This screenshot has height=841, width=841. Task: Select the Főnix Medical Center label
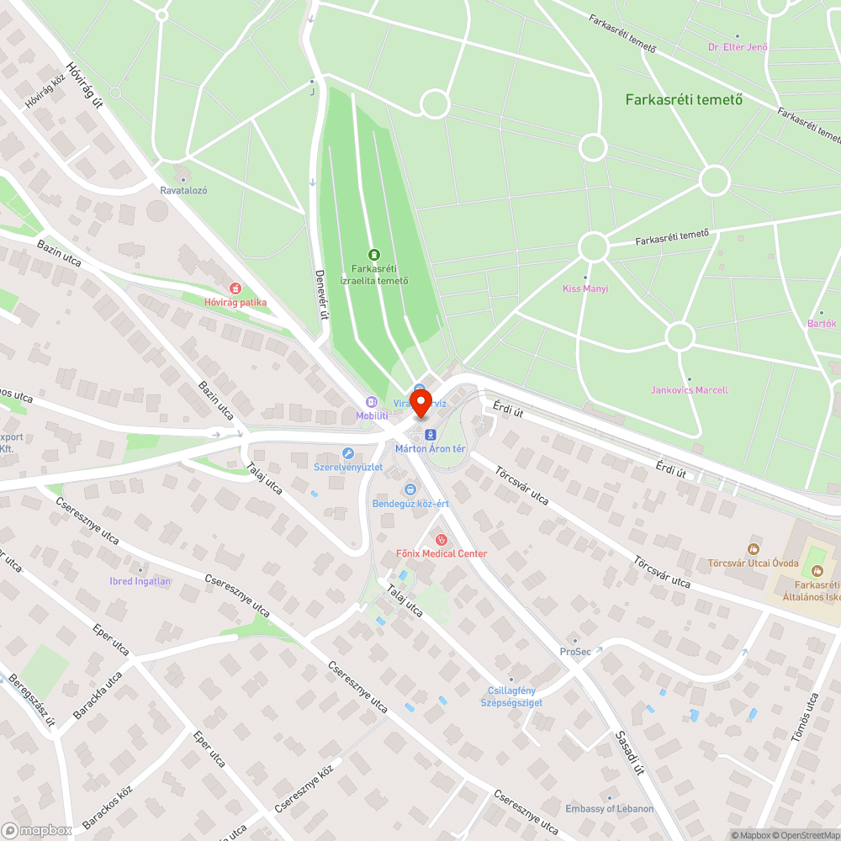[x=442, y=553]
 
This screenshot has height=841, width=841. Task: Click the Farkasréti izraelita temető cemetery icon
[x=374, y=255]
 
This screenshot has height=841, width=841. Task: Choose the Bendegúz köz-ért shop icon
[x=410, y=489]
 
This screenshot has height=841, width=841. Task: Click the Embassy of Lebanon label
[x=609, y=809]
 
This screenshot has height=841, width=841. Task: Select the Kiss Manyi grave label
[x=585, y=288]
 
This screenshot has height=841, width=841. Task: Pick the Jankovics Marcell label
[x=690, y=390]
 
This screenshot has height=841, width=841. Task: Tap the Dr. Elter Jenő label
[x=738, y=47]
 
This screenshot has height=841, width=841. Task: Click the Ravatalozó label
[x=183, y=190]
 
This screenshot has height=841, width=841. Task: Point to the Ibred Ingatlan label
[x=140, y=581]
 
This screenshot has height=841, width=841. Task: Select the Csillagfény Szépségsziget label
[x=510, y=696]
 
